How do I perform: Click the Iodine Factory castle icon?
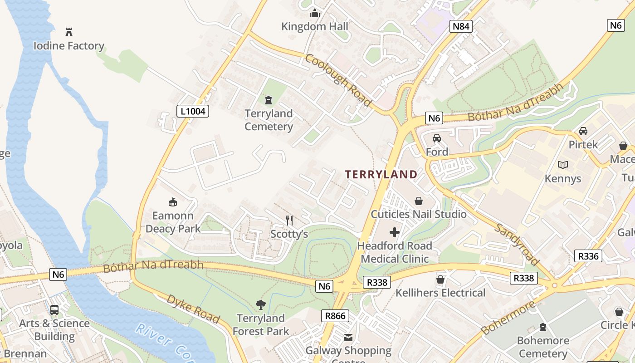pyautogui.click(x=69, y=32)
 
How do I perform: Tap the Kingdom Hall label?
pyautogui.click(x=314, y=26)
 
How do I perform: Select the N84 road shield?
pyautogui.click(x=461, y=26)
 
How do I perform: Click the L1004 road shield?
pyautogui.click(x=192, y=111)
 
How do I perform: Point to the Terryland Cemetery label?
pyautogui.click(x=269, y=120)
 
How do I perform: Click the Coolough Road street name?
pyautogui.click(x=338, y=80)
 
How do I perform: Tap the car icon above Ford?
pyautogui.click(x=437, y=138)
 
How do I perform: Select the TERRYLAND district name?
pyautogui.click(x=381, y=174)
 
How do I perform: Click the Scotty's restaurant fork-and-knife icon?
pyautogui.click(x=289, y=221)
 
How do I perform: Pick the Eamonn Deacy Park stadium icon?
pyautogui.click(x=173, y=202)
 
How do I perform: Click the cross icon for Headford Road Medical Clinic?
pyautogui.click(x=395, y=232)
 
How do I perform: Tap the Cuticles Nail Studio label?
pyautogui.click(x=419, y=214)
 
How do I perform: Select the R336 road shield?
pyautogui.click(x=589, y=256)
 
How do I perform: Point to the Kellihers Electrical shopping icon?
pyautogui.click(x=440, y=280)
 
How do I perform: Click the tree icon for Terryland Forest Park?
pyautogui.click(x=260, y=304)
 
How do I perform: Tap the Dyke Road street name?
pyautogui.click(x=193, y=309)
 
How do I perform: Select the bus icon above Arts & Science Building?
pyautogui.click(x=54, y=310)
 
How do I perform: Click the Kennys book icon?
pyautogui.click(x=563, y=165)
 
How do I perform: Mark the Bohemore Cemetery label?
pyautogui.click(x=542, y=347)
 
